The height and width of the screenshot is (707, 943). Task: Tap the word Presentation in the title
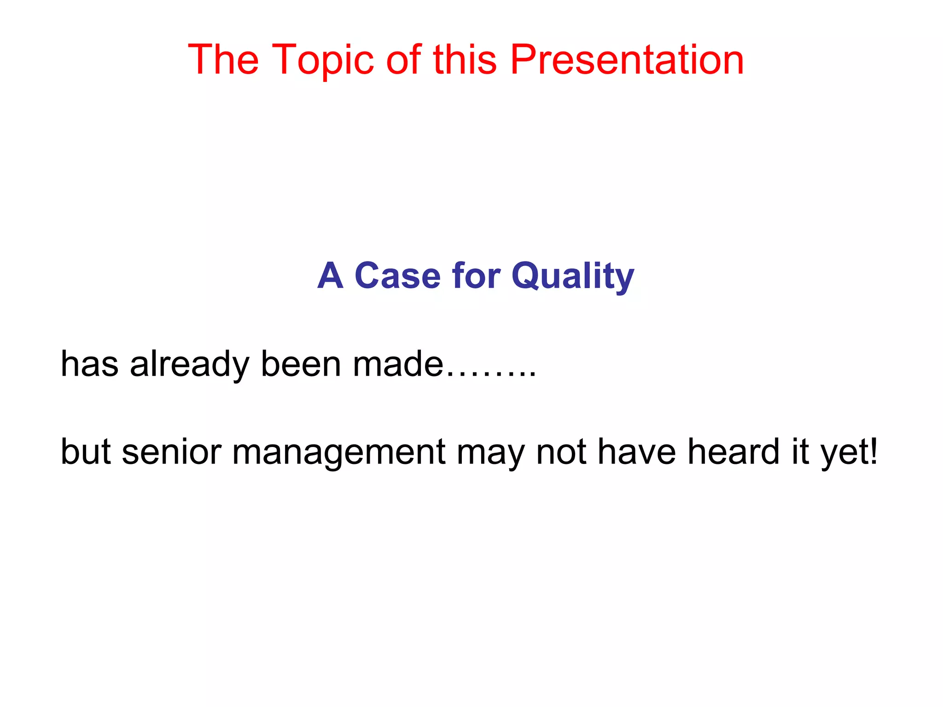point(627,60)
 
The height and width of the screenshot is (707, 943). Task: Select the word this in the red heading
point(465,60)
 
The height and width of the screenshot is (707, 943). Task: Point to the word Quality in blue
point(573,276)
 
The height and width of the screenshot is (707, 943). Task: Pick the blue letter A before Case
point(331,276)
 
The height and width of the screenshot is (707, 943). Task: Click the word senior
point(172,452)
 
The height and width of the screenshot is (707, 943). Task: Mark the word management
point(338,452)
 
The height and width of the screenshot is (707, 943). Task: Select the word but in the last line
point(86,452)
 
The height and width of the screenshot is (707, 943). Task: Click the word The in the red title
point(223,60)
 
